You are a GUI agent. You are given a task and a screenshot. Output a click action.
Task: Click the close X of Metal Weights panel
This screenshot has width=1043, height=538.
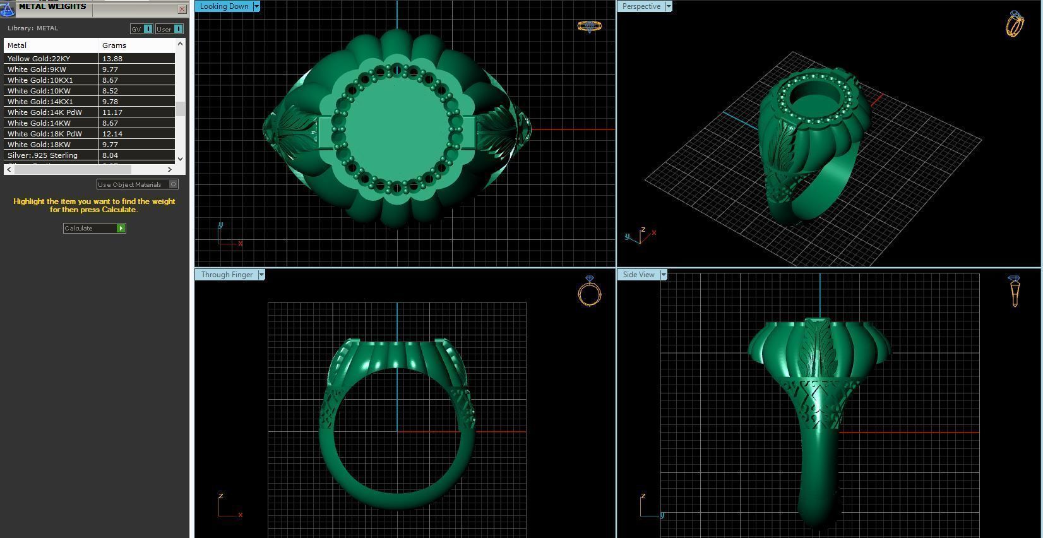click(182, 9)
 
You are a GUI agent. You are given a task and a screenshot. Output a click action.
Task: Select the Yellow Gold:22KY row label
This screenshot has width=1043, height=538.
click(39, 59)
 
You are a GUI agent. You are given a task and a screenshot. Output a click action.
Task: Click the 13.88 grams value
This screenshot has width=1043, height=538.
click(112, 59)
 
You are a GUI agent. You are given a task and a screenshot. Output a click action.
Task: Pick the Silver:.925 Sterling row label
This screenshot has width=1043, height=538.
click(42, 155)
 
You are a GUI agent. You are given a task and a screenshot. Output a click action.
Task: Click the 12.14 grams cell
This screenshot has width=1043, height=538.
click(112, 134)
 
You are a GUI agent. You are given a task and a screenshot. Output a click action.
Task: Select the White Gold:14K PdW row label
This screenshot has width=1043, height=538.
click(44, 112)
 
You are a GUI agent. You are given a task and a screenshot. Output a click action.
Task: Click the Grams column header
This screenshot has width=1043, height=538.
click(114, 45)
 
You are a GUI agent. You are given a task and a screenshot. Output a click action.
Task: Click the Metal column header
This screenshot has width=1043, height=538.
click(17, 45)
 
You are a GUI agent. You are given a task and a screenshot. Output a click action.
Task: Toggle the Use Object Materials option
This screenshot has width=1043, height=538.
click(173, 184)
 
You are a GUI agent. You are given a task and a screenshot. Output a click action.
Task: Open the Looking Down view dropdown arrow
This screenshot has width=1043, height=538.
click(256, 6)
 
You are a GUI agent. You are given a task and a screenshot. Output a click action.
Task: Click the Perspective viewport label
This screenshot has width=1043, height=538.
click(641, 6)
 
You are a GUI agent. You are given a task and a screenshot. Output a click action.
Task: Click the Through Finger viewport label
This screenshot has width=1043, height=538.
click(227, 275)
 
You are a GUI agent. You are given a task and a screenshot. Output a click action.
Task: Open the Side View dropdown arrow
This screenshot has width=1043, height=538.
click(663, 275)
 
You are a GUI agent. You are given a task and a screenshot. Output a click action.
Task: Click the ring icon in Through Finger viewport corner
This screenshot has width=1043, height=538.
click(589, 291)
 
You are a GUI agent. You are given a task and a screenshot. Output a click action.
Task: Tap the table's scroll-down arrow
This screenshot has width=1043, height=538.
click(181, 159)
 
